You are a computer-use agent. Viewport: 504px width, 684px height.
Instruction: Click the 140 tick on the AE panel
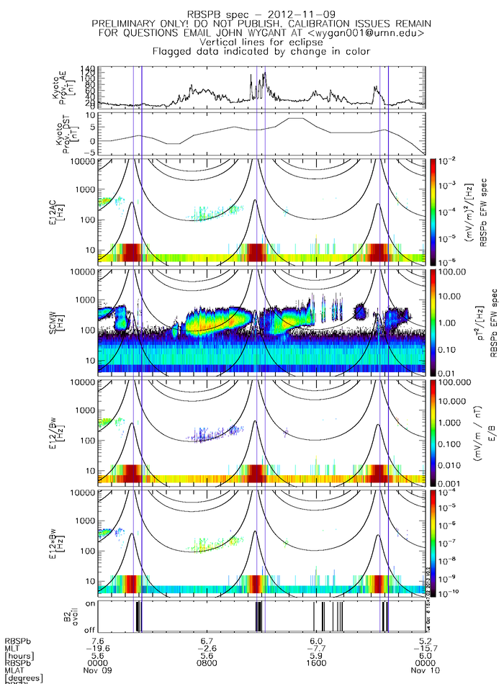pos(90,68)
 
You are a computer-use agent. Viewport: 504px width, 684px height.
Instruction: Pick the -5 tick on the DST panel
pos(90,141)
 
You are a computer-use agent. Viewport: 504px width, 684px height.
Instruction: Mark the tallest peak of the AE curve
pos(265,73)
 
